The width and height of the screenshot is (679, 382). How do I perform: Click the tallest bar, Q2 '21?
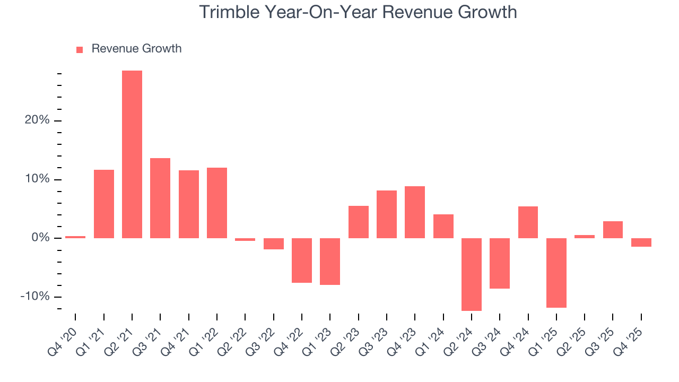coord(132,154)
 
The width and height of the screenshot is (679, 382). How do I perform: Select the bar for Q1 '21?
coord(104,204)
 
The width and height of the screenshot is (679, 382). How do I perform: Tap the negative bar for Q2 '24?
coord(472,274)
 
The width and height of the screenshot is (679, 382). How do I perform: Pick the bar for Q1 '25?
coord(556,273)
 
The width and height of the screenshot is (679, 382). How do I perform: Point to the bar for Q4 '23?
coord(415,212)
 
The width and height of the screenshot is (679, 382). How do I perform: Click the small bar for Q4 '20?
coord(75,237)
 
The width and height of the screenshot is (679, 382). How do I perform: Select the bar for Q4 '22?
coord(302,261)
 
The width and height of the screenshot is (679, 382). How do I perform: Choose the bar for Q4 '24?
coord(528,222)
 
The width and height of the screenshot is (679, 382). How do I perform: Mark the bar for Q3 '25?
coord(613,230)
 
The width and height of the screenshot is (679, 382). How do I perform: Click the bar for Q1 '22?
coord(217,203)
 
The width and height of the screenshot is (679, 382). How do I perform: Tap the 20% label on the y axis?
coord(37,120)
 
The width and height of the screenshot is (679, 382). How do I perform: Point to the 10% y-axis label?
coord(37,179)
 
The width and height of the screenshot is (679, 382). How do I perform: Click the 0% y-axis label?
coord(40,238)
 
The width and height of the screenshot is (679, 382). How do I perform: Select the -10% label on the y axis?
coord(35,297)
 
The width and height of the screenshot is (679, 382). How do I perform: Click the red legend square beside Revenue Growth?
coord(80,49)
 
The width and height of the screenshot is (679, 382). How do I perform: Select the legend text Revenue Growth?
coord(136,49)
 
